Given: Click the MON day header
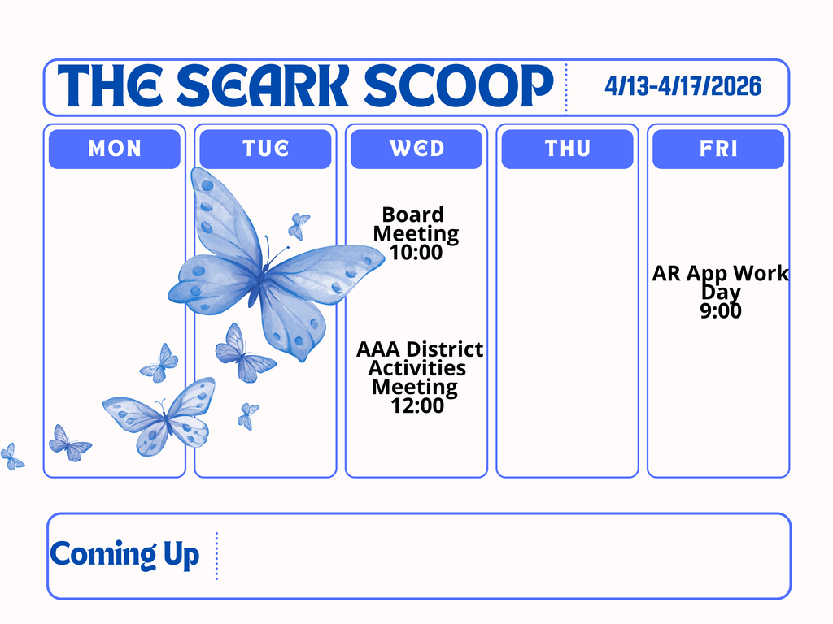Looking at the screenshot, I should pos(114,149).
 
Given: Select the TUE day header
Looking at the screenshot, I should pos(265,149).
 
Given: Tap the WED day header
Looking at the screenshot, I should pos(416,149).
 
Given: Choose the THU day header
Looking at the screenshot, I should pos(567,149).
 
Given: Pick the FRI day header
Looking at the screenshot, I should pos(718,149).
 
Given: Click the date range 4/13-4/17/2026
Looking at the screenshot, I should pos(683,85).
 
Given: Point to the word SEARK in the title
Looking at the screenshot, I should pos(264,85).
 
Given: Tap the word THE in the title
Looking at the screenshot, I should pos(111,85).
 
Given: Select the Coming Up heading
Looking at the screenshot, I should pos(124,556).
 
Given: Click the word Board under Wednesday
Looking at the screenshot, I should pos(413,215).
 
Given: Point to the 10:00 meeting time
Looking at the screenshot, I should pos(416,253).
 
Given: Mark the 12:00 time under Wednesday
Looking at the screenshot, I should pos(416,405).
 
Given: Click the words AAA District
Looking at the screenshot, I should pos(420,349).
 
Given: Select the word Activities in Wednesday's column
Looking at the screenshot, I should pos(416,368).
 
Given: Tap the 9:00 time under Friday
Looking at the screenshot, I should pos(721,310).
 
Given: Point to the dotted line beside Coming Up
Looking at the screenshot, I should pos(217,556).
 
